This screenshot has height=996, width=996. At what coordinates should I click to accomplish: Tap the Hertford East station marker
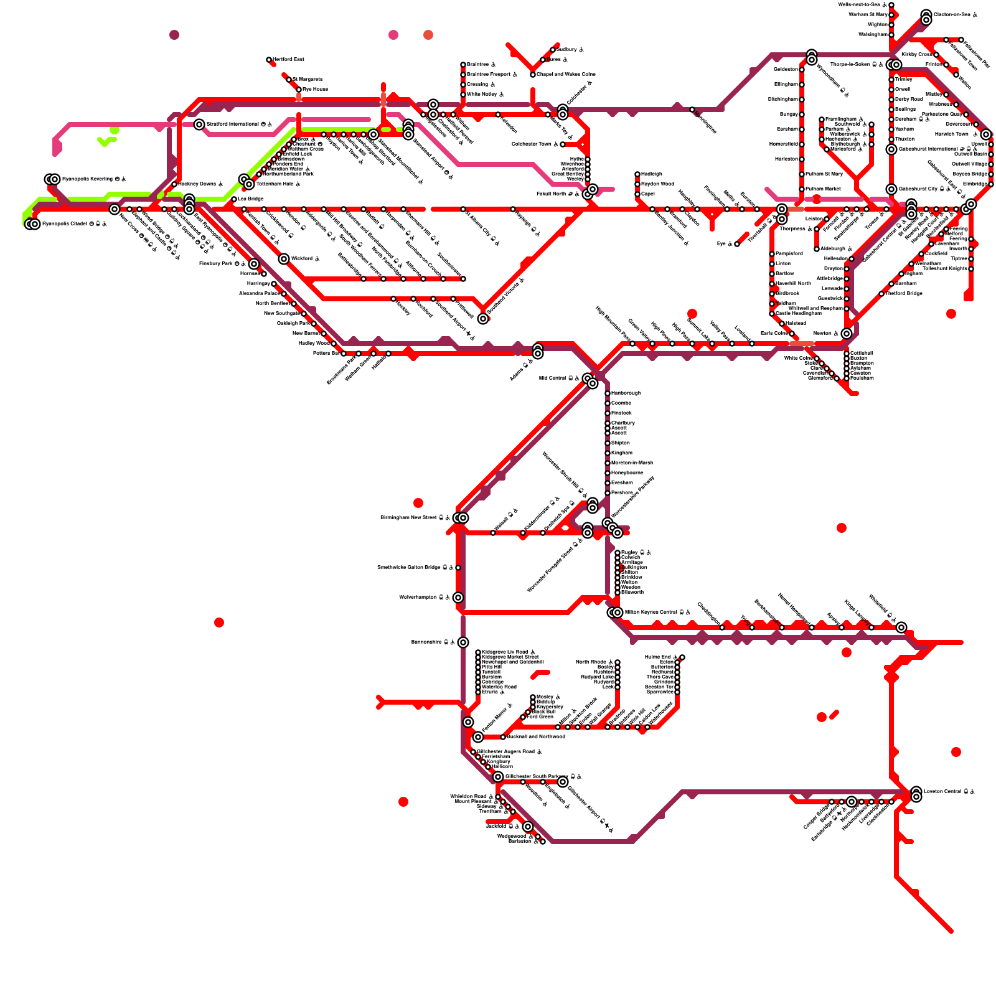[269, 60]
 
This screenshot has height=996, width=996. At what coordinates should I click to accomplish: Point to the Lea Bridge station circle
[234, 199]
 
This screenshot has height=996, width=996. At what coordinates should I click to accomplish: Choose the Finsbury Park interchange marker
[254, 264]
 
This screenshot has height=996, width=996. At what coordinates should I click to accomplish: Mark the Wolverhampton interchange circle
[458, 598]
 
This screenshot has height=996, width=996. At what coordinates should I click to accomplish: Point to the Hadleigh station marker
[637, 174]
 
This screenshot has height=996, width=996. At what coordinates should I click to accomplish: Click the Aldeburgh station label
[837, 249]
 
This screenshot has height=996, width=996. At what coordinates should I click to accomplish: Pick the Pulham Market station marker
[802, 189]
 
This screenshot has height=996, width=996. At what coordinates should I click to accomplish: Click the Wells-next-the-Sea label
[862, 5]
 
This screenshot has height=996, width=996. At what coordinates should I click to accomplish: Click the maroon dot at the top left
[174, 35]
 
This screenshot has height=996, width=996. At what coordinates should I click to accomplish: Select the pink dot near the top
[393, 35]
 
